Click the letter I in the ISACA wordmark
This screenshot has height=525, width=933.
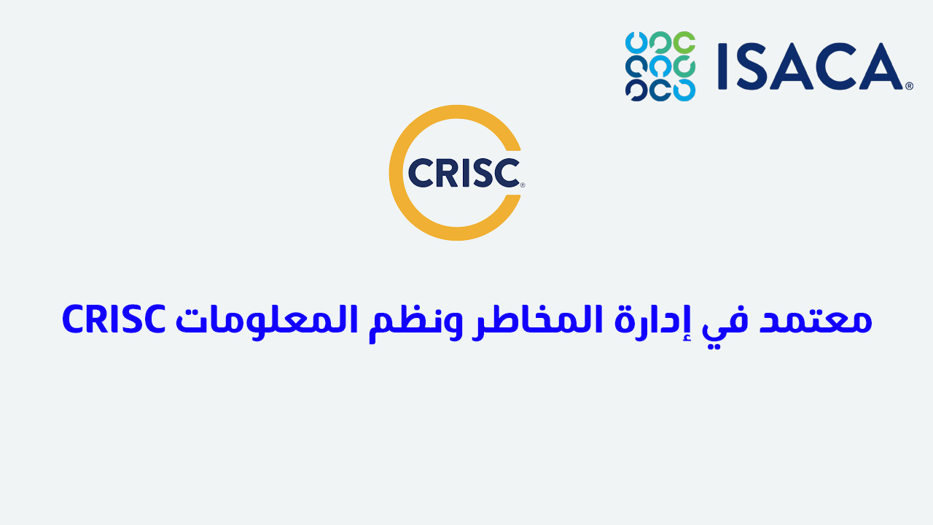click(x=722, y=66)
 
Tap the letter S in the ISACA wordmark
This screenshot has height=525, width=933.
click(x=752, y=66)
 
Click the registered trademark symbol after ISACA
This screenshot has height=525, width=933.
click(x=909, y=86)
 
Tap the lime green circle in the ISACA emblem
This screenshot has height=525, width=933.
click(x=684, y=42)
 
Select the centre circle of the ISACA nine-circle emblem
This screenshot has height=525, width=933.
click(x=660, y=66)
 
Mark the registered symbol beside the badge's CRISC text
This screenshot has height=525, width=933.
click(x=523, y=185)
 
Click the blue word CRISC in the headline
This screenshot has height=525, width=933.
click(x=114, y=319)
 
